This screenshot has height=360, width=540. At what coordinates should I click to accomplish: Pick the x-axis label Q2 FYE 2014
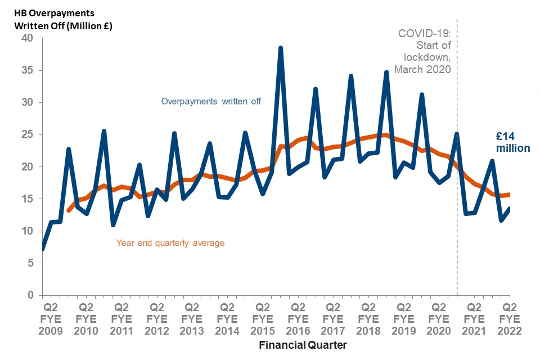(x=227, y=319)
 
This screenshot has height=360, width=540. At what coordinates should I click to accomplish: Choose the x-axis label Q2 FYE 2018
(x=368, y=319)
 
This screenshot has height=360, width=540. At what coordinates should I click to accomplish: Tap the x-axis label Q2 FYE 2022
(x=510, y=319)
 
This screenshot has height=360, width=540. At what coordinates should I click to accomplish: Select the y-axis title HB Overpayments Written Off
(x=62, y=19)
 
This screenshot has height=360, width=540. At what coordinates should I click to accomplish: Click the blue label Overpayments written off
(x=211, y=102)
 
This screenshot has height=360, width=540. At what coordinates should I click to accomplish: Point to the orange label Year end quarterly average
(x=170, y=243)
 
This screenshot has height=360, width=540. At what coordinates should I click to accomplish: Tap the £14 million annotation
(x=512, y=142)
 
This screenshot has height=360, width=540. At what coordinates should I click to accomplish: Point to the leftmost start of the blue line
(x=43, y=248)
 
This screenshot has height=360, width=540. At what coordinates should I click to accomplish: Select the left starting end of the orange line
(x=69, y=210)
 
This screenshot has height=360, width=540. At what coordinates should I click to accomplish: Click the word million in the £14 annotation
(x=512, y=148)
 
